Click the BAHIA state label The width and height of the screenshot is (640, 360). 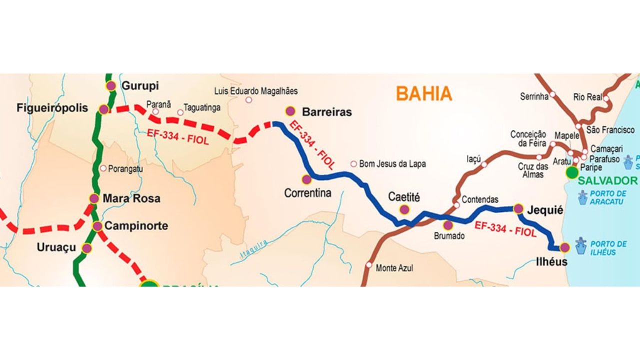point(424,93)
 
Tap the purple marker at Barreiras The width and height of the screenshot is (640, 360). point(290,111)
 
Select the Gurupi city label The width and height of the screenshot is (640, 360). point(140,86)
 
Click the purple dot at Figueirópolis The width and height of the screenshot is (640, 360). point(103,109)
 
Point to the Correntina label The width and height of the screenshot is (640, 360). point(307,192)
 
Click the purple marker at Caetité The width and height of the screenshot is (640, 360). point(404,209)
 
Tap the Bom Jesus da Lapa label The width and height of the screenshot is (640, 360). point(392,163)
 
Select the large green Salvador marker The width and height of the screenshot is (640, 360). point(572,173)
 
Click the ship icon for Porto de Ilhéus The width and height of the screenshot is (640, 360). point(580,246)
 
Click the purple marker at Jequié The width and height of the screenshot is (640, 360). point(518,208)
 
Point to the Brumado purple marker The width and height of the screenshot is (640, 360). point(448,225)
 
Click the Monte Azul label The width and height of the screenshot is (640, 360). point(394,268)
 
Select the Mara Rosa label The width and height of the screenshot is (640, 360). point(131,198)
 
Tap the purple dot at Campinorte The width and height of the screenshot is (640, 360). point(97,226)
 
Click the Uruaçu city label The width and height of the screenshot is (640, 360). point(56,247)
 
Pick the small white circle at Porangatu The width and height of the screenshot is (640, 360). point(103,168)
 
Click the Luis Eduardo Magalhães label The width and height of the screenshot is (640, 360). point(256,91)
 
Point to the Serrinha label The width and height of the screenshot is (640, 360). point(534,96)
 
